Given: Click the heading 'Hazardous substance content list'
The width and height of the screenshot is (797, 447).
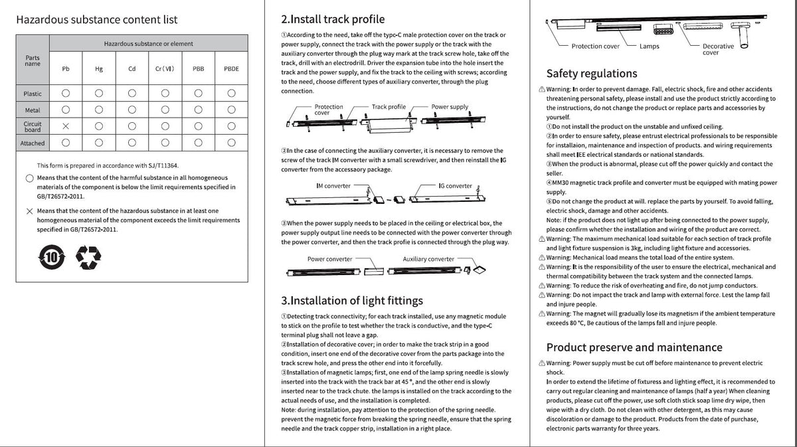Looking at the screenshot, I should click(x=96, y=20).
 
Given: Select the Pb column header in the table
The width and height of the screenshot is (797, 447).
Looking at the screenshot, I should click(x=65, y=68).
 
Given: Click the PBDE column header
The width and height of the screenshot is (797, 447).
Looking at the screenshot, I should click(x=231, y=68).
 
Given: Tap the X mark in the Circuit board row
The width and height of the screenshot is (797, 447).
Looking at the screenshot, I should click(x=65, y=126).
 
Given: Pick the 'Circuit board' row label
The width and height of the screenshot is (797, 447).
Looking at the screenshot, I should click(x=33, y=126).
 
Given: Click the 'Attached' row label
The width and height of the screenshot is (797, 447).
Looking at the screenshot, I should click(x=33, y=143).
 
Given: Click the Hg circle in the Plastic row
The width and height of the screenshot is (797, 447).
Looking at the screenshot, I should click(x=98, y=94).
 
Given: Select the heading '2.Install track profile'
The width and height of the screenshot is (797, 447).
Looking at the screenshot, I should click(x=333, y=19).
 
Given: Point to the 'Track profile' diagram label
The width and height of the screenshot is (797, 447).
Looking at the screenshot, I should click(x=389, y=106).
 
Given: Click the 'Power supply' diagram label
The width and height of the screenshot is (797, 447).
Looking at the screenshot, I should click(x=450, y=106).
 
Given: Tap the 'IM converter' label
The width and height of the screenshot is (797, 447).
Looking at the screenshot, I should click(x=333, y=186).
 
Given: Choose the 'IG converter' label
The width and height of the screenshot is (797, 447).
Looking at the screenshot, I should click(x=455, y=186).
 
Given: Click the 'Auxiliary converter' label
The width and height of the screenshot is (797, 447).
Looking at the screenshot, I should click(x=428, y=259).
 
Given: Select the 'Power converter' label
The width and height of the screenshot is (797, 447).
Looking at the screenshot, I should click(x=329, y=259).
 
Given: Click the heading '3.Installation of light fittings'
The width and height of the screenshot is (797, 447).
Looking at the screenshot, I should click(x=351, y=301).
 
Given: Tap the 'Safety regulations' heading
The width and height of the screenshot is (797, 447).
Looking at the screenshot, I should click(x=591, y=73).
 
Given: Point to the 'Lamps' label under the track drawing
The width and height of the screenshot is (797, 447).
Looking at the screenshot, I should click(x=649, y=46).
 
